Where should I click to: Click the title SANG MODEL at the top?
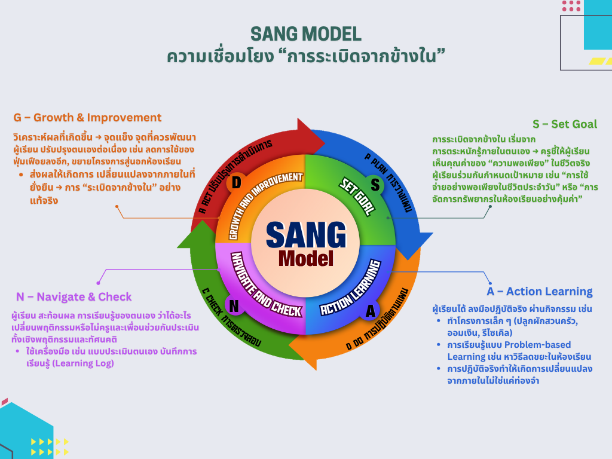(x=305, y=33)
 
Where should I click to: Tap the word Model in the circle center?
(x=305, y=258)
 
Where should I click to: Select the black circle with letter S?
(x=375, y=184)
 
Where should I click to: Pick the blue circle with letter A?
(x=371, y=311)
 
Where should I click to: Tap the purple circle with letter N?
(x=234, y=306)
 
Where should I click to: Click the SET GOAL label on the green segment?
(x=357, y=195)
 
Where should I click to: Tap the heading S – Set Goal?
(x=565, y=124)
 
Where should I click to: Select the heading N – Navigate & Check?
(x=74, y=297)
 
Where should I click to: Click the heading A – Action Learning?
(x=540, y=292)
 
